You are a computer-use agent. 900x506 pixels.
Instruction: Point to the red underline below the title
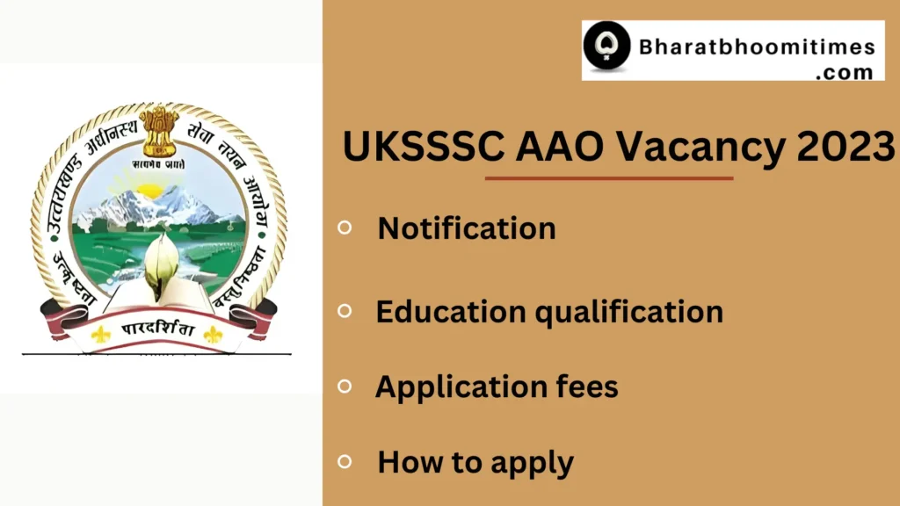[x=609, y=178]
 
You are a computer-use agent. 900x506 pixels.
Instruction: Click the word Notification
[x=467, y=228]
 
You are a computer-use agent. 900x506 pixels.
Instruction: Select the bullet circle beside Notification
[x=345, y=228]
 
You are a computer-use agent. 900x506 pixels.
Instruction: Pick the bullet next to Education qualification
[x=345, y=310]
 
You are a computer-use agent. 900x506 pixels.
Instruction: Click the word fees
[x=584, y=387]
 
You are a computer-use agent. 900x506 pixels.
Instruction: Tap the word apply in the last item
[x=530, y=463]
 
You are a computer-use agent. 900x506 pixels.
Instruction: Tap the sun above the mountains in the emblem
[x=151, y=189]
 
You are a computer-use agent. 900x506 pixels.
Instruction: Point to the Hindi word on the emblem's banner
[x=157, y=334]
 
